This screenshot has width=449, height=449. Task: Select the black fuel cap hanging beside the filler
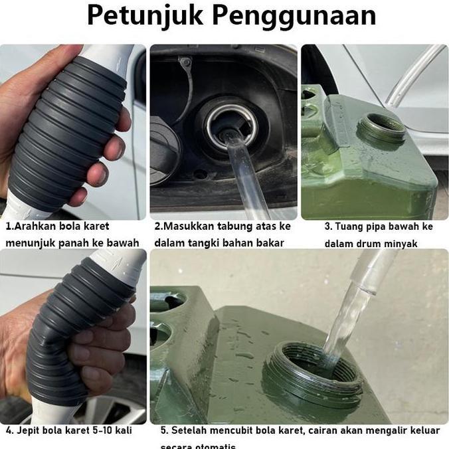pyautogui.click(x=163, y=149)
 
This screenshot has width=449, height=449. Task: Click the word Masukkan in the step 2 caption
pyautogui.click(x=189, y=226)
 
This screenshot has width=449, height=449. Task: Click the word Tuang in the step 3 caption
pyautogui.click(x=349, y=226)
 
